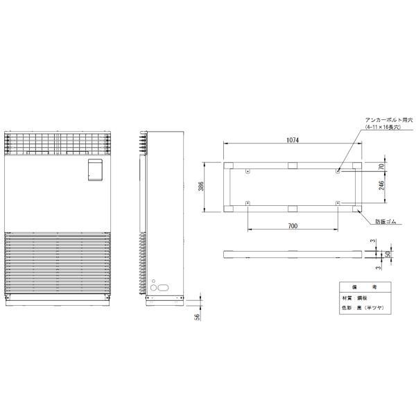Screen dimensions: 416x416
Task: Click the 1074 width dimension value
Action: pyautogui.click(x=293, y=141)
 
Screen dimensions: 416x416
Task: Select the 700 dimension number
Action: pyautogui.click(x=293, y=227)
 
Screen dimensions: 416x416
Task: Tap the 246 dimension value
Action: pyautogui.click(x=381, y=187)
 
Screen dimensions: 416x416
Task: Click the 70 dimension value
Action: pyautogui.click(x=381, y=166)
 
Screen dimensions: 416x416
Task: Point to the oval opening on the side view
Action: pyautogui.click(x=164, y=286)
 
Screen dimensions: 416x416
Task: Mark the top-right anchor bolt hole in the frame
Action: pyautogui.click(x=337, y=171)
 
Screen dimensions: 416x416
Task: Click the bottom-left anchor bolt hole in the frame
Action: pyautogui.click(x=248, y=202)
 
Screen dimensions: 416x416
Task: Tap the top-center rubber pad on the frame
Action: pyautogui.click(x=292, y=165)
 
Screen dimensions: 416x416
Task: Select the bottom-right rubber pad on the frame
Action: pyautogui.click(x=356, y=209)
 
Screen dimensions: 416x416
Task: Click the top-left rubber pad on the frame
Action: pyautogui.click(x=229, y=165)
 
